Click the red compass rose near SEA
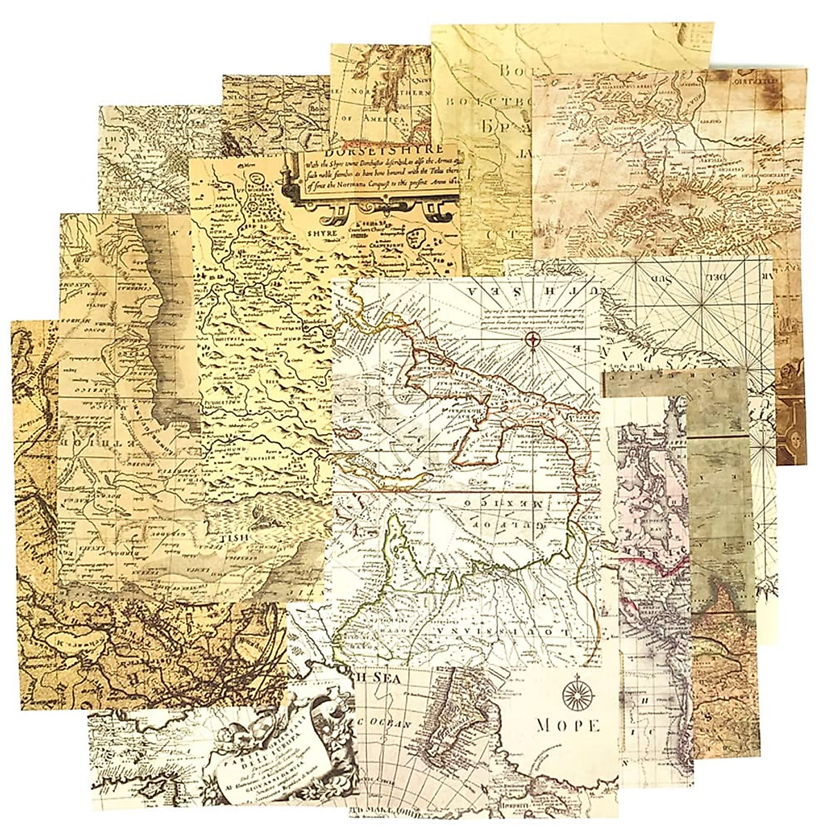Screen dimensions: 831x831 pos(533,339)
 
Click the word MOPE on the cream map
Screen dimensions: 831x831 pos(567,725)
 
